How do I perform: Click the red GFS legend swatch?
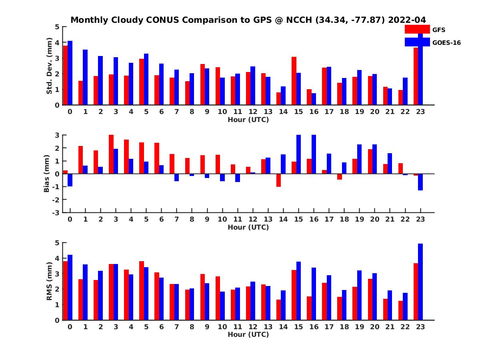pos(417,29)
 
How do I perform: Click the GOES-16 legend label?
pos(446,42)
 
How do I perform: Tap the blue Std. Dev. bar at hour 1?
pos(85,77)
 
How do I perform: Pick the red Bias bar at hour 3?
pos(111,154)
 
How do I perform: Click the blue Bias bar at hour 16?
pos(314,154)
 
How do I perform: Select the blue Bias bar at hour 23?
pos(420,182)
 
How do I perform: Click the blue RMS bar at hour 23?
pos(420,282)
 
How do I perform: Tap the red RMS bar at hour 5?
pos(142,290)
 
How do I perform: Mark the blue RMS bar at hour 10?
pos(222,306)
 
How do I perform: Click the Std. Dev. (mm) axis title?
pos(49,66)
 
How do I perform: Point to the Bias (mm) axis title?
pos(46,174)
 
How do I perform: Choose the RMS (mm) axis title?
pos(49,282)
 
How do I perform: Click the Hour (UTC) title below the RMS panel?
pos(248,335)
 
